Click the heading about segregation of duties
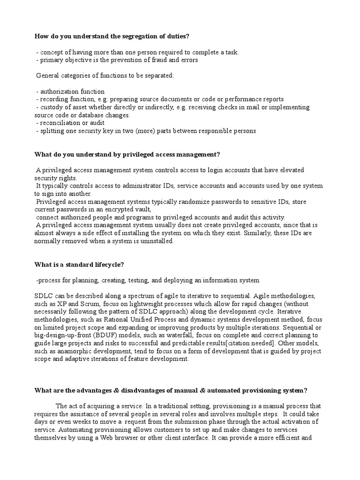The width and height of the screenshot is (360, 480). [112, 36]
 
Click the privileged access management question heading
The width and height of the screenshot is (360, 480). [127, 155]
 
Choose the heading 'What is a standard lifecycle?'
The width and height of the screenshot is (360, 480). [79, 264]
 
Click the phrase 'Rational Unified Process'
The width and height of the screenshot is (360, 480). [124, 320]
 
